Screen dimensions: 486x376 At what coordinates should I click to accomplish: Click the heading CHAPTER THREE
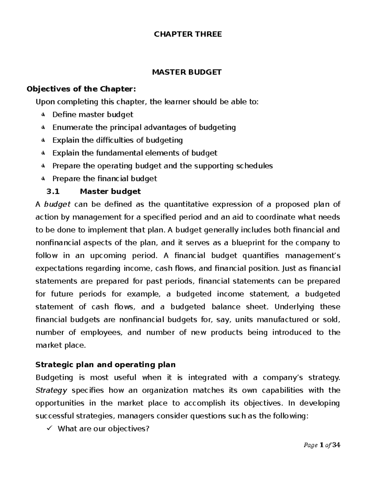tap(188, 34)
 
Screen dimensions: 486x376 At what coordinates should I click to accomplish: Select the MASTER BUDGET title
tap(187, 72)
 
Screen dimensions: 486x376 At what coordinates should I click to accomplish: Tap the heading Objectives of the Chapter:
tap(81, 89)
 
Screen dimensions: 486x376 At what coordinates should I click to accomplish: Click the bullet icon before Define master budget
tap(43, 115)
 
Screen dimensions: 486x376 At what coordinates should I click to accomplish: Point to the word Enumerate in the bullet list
tap(68, 127)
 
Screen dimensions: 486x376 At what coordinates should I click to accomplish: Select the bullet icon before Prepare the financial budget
tap(43, 179)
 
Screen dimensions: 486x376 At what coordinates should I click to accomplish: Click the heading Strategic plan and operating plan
tap(106, 365)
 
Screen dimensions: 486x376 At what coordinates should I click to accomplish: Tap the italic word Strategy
tap(51, 391)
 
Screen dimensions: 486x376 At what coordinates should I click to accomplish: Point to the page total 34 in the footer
tap(336, 445)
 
